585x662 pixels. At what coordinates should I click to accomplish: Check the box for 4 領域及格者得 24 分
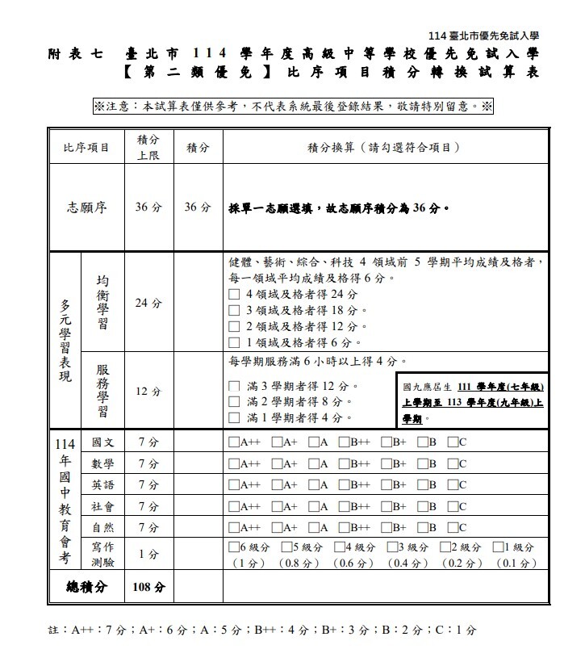point(234,294)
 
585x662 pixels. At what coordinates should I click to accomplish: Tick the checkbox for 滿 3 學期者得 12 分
point(234,387)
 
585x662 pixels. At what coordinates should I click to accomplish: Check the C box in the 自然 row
point(453,527)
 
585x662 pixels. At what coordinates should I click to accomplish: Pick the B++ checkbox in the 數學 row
point(344,463)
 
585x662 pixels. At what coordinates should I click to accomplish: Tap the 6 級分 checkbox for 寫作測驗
point(234,547)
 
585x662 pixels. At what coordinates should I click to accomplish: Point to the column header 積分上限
point(148,147)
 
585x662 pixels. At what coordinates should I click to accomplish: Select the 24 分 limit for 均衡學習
point(148,304)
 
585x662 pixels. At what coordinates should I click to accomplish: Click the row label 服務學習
point(103,391)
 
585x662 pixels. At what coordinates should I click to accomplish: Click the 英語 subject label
point(102,484)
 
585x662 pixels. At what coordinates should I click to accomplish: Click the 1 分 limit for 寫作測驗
point(148,555)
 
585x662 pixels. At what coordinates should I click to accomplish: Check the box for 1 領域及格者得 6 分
point(234,342)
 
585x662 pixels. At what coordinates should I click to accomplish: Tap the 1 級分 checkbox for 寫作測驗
point(496,547)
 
